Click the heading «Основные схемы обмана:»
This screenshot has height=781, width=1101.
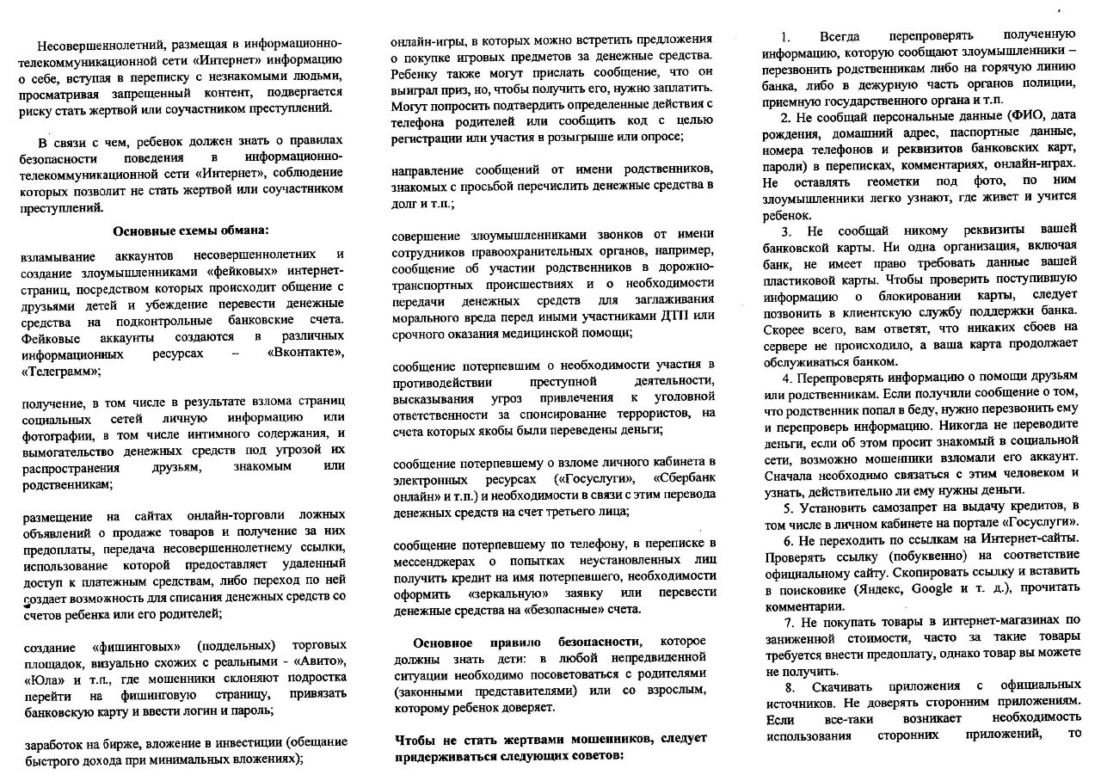191,230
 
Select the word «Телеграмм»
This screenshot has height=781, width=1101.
59,371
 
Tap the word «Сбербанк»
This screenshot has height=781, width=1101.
684,478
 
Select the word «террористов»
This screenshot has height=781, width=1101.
638,413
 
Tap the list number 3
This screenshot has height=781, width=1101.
786,231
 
